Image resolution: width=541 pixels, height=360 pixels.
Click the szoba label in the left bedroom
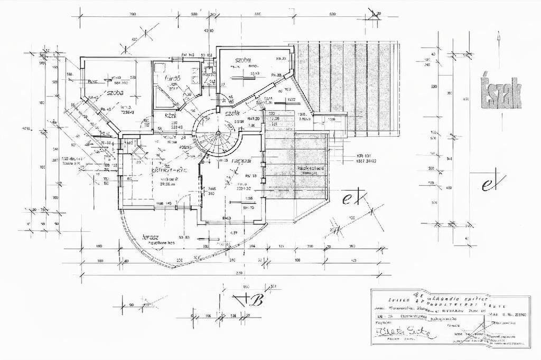click(x=111, y=92)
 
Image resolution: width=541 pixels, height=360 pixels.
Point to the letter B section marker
click(x=258, y=301)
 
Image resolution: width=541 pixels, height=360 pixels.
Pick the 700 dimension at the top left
click(x=132, y=14)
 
